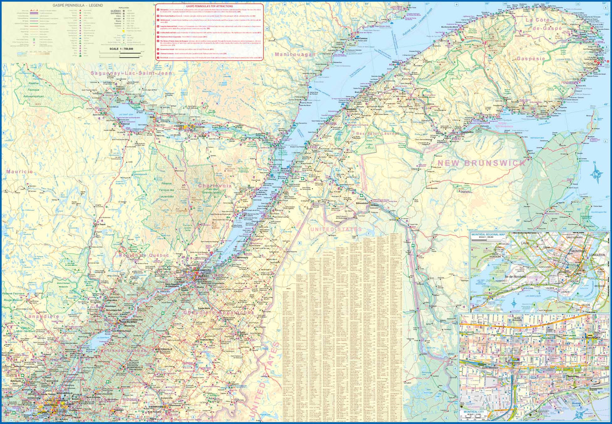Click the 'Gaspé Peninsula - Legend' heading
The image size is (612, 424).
click(78, 5)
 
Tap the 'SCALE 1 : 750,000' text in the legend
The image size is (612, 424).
click(121, 49)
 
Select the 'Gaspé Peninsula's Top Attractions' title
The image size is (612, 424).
click(209, 7)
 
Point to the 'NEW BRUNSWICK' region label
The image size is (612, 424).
click(481, 163)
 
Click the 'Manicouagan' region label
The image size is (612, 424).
click(295, 54)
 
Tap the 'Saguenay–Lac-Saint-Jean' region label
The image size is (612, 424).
click(131, 73)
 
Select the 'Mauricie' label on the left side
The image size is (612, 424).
click(20, 172)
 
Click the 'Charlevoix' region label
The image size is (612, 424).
click(215, 185)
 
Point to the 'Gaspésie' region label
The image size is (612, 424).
click(531, 59)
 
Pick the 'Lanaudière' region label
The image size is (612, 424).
click(42, 316)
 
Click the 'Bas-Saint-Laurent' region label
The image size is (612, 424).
click(377, 133)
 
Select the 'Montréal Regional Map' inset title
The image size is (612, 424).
click(488, 235)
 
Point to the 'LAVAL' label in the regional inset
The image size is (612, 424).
click(525, 243)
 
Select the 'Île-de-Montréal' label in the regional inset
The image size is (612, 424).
click(515, 277)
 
